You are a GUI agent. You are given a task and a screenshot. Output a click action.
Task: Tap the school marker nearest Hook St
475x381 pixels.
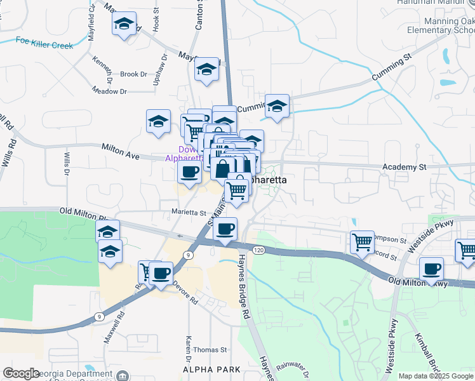pyautogui.click(x=124, y=25)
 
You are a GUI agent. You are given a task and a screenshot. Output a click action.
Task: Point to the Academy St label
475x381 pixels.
pyautogui.click(x=404, y=167)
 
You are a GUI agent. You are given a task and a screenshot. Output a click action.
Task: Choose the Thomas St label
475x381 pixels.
pyautogui.click(x=210, y=350)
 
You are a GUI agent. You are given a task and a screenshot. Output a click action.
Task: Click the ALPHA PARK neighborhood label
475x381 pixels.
pyautogui.click(x=211, y=369)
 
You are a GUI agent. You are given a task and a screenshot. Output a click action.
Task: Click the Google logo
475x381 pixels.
pyautogui.click(x=21, y=373)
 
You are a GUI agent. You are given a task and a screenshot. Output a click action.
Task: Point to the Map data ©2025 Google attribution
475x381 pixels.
pyautogui.click(x=435, y=376)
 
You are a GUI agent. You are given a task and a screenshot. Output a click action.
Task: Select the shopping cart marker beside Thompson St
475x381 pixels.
pyautogui.click(x=362, y=242)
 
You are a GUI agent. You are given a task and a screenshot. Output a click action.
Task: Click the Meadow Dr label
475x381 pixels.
pyautogui.click(x=109, y=91)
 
